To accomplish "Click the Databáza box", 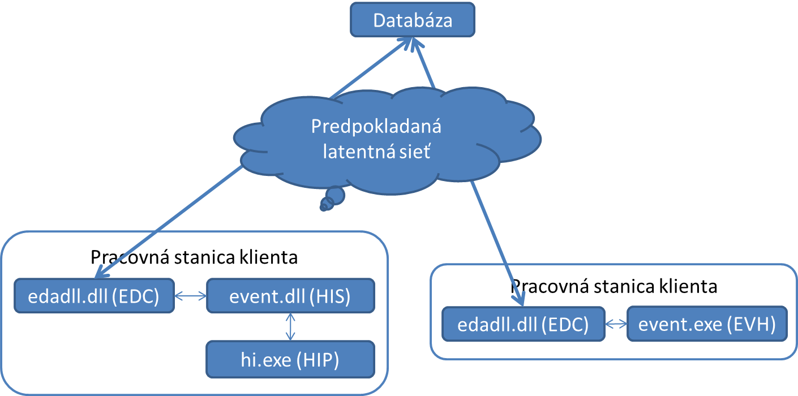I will point(413,21).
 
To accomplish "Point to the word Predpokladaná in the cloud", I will point(376,127).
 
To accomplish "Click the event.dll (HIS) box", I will point(290,296).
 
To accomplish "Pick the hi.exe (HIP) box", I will point(290,359).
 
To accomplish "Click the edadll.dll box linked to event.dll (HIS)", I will point(94,295).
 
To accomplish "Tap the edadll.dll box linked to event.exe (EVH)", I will point(524,325).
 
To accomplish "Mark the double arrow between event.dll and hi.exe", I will point(291,327).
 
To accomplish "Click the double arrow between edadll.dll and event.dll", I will point(190,295).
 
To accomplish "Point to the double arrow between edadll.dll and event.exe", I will point(616,325).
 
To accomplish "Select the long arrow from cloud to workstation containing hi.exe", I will point(170,221).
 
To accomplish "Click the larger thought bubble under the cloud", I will point(334,195).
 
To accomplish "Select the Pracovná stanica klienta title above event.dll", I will point(194,258).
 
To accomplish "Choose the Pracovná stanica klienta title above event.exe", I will point(614,286).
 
